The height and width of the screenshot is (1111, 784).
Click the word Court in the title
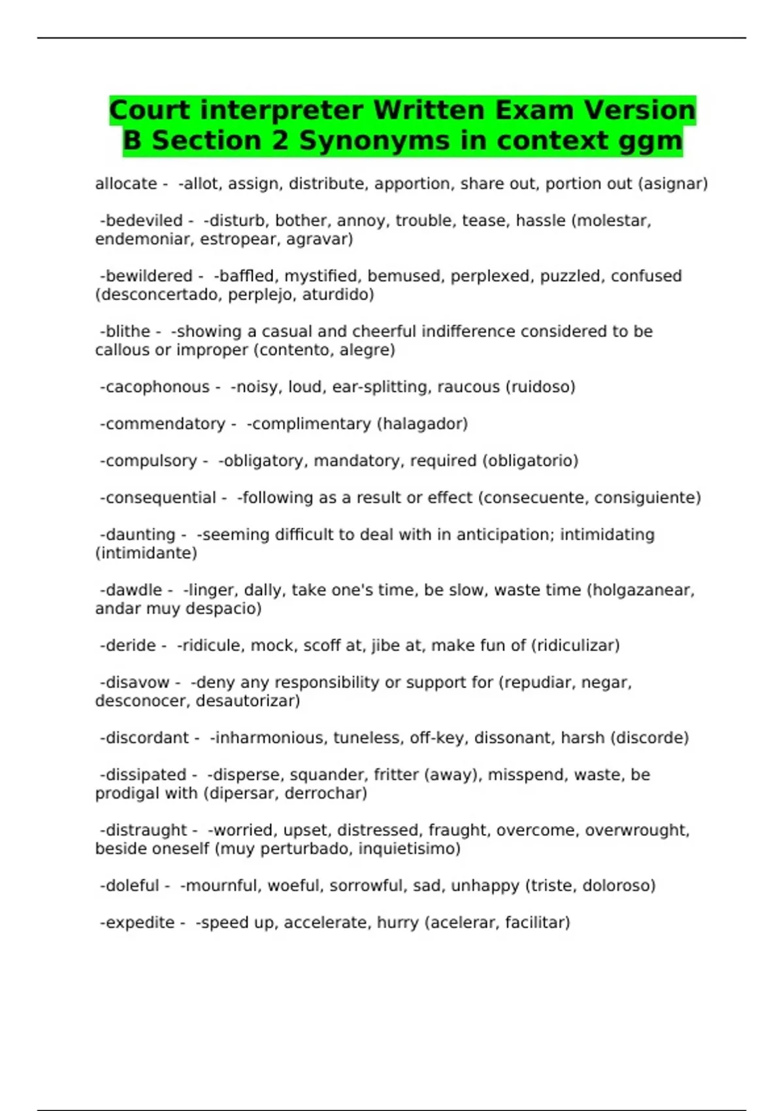click(150, 110)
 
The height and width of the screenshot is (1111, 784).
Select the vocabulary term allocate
click(126, 184)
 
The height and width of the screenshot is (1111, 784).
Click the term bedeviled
click(143, 220)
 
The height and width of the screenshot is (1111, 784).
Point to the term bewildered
click(148, 276)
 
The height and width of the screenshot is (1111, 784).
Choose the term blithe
click(127, 331)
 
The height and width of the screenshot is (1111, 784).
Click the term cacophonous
click(157, 387)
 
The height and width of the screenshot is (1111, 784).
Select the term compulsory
click(150, 461)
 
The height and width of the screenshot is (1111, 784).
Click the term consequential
click(160, 497)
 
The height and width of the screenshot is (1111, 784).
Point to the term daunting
click(140, 535)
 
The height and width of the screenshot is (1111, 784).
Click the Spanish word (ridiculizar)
click(575, 646)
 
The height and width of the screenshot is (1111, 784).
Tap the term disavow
click(137, 682)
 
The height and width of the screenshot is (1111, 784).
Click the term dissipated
click(145, 774)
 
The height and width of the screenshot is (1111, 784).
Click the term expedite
click(140, 922)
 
